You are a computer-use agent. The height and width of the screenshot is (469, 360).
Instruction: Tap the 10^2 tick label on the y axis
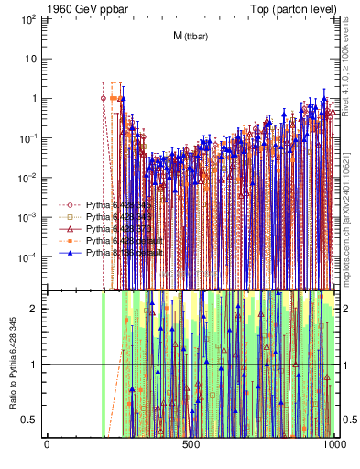pos(30,18)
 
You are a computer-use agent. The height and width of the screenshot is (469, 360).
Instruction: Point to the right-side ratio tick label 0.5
pos(347,420)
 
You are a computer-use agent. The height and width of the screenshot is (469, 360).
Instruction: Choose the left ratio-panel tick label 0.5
pos(33,420)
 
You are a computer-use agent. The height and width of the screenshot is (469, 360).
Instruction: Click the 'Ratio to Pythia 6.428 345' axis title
pos(13,365)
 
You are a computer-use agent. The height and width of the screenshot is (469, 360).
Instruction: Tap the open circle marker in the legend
pos(71,204)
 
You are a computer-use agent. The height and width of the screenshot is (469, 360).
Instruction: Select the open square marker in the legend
pos(71,216)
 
